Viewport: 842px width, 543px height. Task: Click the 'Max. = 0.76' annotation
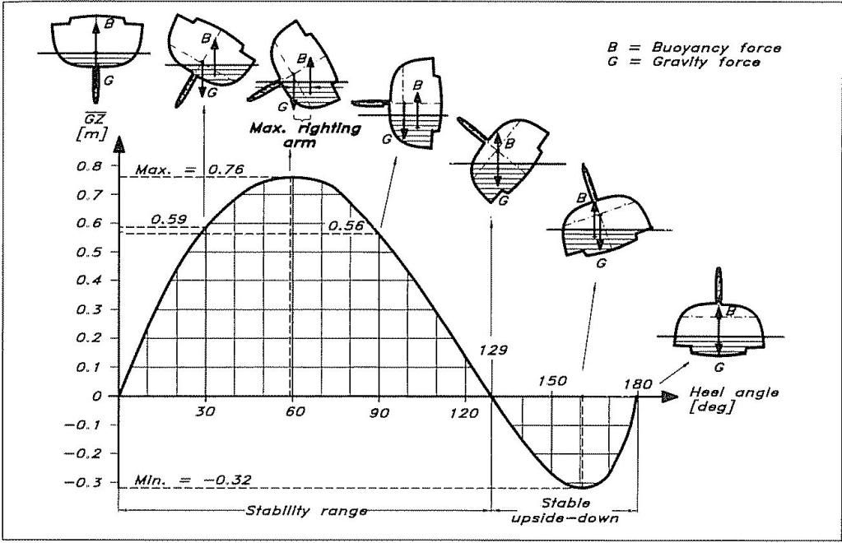[x=189, y=169]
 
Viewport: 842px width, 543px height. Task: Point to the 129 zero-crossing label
[x=492, y=350]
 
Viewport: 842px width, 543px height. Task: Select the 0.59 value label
[x=169, y=219]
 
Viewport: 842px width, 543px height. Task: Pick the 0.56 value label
[x=346, y=226]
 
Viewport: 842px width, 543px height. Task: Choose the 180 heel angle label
[x=638, y=384]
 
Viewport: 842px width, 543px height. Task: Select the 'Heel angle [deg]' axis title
[x=733, y=400]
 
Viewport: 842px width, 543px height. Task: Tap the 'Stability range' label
[x=307, y=510]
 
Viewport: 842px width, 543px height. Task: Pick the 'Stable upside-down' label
[x=565, y=510]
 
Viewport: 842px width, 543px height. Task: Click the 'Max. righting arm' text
[x=305, y=135]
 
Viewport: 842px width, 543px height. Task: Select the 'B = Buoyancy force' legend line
[x=694, y=47]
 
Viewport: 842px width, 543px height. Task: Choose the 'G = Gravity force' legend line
[x=684, y=62]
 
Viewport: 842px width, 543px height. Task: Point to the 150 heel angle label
[x=552, y=380]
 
